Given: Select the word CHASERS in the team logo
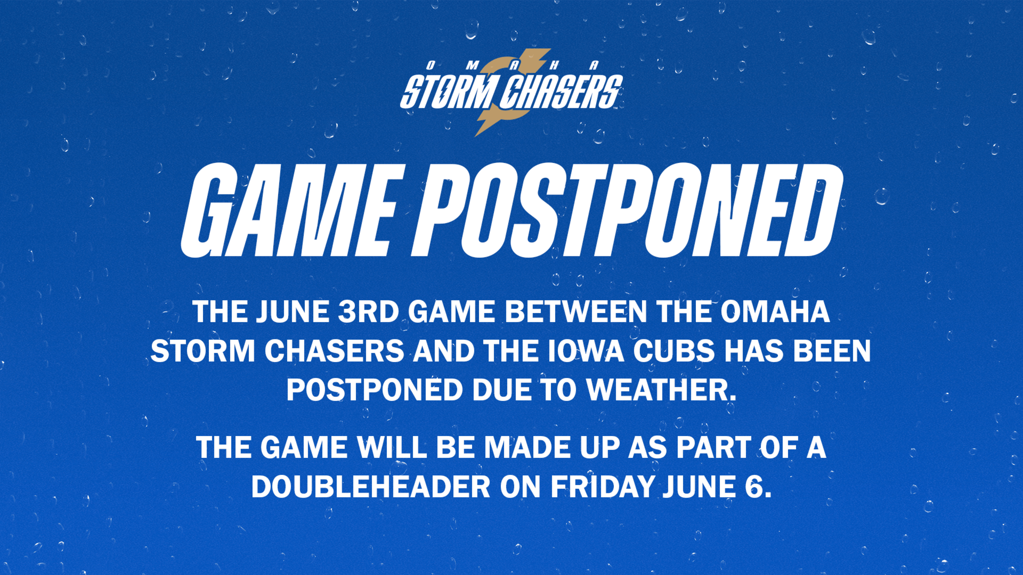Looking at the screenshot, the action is point(561,92).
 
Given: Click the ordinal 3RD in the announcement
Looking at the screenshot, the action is point(369,312).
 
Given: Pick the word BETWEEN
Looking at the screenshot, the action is point(576,312).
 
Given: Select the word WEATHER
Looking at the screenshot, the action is point(662,390).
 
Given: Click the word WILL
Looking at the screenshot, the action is point(392,448).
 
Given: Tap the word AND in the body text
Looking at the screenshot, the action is point(444,351).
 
